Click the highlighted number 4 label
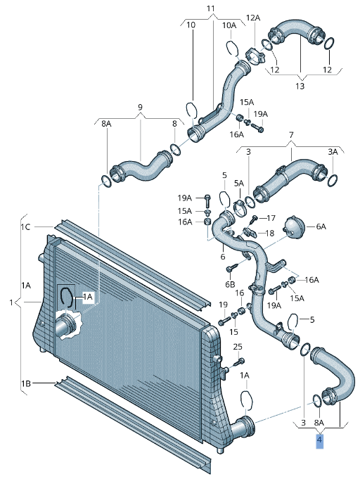click(x=319, y=440)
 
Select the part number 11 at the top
click(x=210, y=8)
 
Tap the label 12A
click(x=253, y=18)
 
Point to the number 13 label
click(x=300, y=86)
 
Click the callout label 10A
click(x=229, y=25)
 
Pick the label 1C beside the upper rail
click(x=25, y=227)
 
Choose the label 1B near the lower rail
click(x=25, y=383)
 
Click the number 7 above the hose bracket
click(x=291, y=135)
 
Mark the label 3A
click(x=333, y=152)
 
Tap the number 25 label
click(x=238, y=347)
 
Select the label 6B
click(x=230, y=284)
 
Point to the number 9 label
click(x=140, y=107)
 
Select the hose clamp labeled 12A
click(x=254, y=56)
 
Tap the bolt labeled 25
click(x=238, y=363)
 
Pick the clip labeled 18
click(x=250, y=232)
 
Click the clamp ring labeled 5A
click(x=239, y=207)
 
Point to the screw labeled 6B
click(x=231, y=268)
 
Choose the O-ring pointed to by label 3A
click(x=332, y=180)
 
